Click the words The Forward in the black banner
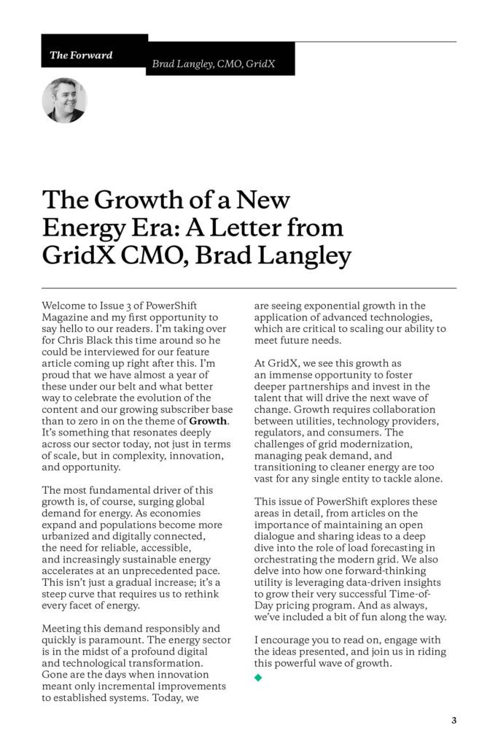click(81, 55)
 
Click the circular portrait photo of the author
click(64, 100)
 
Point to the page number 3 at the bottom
click(454, 721)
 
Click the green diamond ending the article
click(257, 678)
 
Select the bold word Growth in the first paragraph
click(208, 421)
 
